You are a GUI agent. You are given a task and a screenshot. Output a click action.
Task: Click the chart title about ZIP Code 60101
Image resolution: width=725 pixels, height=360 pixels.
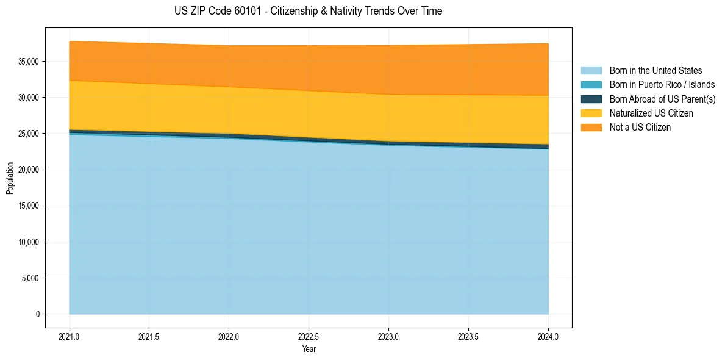click(308, 11)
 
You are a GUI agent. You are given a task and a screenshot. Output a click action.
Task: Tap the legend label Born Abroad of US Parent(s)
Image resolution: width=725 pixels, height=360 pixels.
click(662, 99)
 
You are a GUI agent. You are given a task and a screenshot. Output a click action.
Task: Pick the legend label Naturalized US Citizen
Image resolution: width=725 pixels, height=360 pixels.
click(651, 113)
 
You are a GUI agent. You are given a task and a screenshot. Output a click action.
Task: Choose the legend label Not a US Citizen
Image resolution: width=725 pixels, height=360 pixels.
click(640, 128)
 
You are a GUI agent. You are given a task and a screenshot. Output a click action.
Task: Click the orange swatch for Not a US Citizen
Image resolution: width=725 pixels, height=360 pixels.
click(591, 128)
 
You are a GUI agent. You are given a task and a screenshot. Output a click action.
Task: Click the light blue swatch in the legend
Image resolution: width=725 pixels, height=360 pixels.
click(591, 71)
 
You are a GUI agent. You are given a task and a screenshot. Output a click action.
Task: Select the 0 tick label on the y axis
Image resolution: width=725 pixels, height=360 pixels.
click(37, 314)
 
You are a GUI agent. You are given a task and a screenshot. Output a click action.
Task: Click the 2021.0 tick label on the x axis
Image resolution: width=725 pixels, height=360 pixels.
click(69, 336)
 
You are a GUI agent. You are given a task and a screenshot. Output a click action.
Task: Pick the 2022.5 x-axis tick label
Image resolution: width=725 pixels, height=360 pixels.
click(309, 336)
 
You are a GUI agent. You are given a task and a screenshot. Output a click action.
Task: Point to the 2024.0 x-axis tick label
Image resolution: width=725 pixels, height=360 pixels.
click(548, 336)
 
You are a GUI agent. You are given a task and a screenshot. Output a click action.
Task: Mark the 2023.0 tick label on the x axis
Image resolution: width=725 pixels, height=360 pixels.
click(388, 336)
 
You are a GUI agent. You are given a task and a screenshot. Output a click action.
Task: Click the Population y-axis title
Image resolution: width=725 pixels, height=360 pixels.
click(10, 178)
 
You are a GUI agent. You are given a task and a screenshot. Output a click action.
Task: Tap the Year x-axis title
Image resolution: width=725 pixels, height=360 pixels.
click(309, 349)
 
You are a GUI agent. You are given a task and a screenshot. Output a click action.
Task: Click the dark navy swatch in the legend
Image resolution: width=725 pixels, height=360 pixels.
click(591, 99)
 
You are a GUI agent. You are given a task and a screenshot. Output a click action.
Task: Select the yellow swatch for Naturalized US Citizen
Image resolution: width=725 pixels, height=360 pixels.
click(591, 113)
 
